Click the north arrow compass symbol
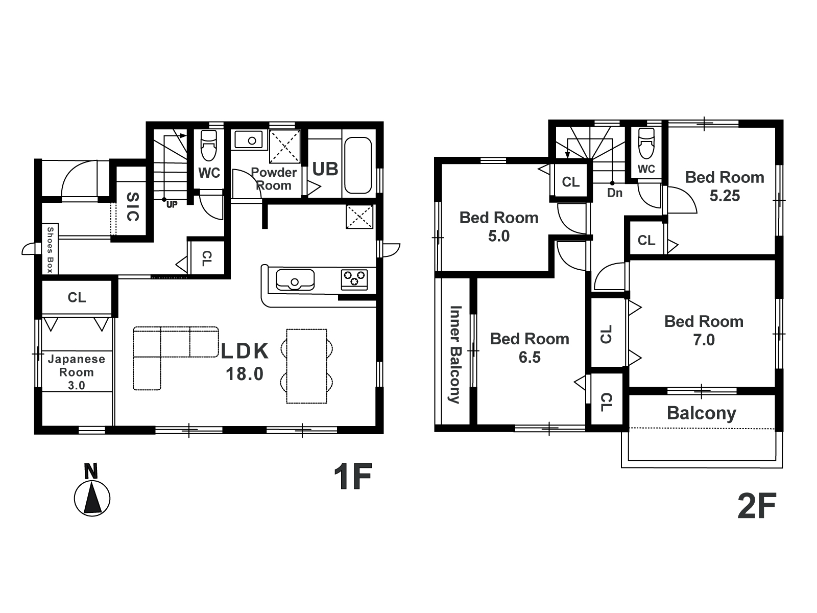tap(92, 490)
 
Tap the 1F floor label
tap(352, 477)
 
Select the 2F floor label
tap(757, 506)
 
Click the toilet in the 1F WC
tap(208, 145)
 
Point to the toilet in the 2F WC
tap(646, 144)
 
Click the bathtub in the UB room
tap(358, 165)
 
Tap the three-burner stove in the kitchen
tap(354, 279)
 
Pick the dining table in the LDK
tap(306, 366)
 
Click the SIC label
tap(132, 207)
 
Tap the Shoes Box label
tap(50, 250)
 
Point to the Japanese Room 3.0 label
tap(76, 372)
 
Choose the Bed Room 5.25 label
tap(724, 186)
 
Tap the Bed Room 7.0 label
tap(704, 331)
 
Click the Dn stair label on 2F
tap(614, 193)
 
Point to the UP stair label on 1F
tap(172, 205)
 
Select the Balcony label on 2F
tap(701, 413)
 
